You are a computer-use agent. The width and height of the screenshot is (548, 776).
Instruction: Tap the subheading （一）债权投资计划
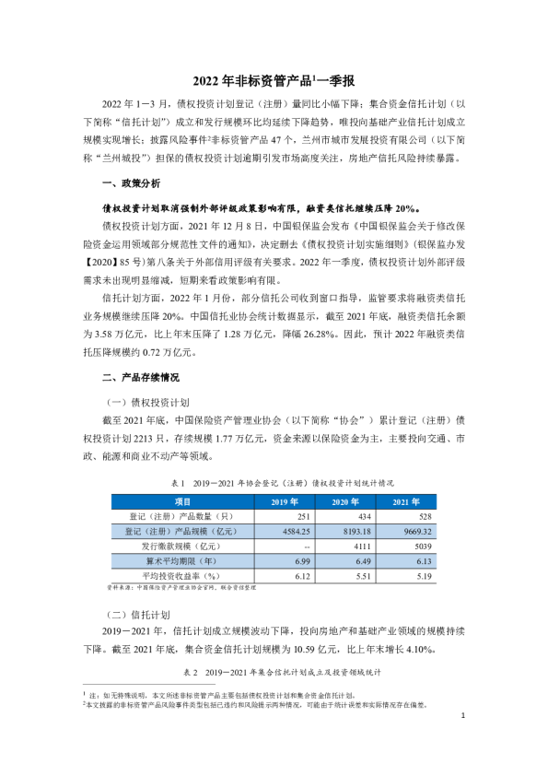click(x=148, y=403)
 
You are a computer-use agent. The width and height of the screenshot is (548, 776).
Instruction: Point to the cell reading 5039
click(x=425, y=547)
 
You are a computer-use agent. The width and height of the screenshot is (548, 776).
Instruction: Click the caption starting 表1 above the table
click(x=274, y=482)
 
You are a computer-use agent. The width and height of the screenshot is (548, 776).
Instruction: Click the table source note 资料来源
click(x=175, y=586)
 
